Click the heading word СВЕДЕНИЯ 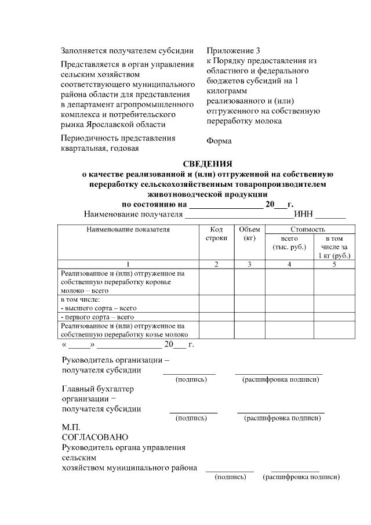coord(208,164)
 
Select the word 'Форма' coord(219,140)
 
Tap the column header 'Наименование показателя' coord(128,230)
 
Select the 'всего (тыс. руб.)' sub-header coord(289,242)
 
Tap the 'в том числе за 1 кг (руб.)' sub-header coord(334,247)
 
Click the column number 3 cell coord(250,265)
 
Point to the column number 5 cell coord(334,265)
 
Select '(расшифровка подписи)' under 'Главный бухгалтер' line coord(282,418)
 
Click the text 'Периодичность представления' coord(118,138)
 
